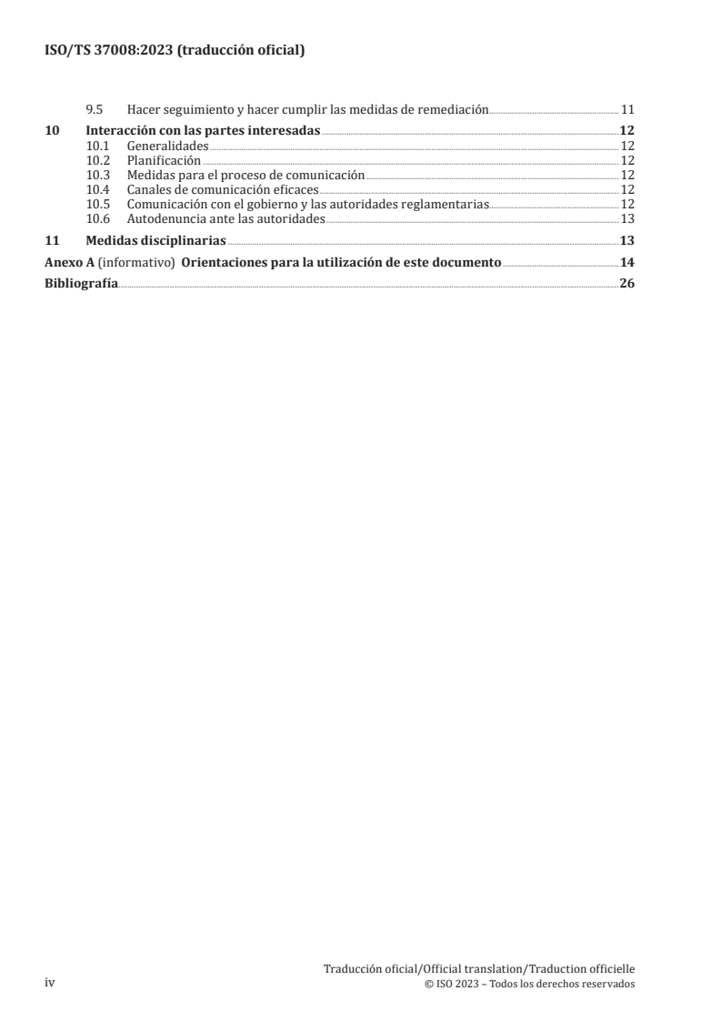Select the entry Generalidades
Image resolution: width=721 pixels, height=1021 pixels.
click(x=167, y=145)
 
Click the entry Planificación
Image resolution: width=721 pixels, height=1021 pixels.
click(x=164, y=159)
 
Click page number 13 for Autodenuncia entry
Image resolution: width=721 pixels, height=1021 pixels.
click(x=626, y=218)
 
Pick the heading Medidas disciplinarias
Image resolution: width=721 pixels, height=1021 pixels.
click(x=155, y=241)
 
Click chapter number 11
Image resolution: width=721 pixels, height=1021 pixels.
click(x=52, y=241)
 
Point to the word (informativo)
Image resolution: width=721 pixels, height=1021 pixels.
click(x=135, y=263)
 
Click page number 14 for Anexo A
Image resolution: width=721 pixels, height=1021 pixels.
click(x=626, y=263)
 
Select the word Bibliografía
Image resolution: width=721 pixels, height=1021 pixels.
click(x=81, y=284)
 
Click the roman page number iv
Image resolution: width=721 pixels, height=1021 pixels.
click(x=50, y=983)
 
